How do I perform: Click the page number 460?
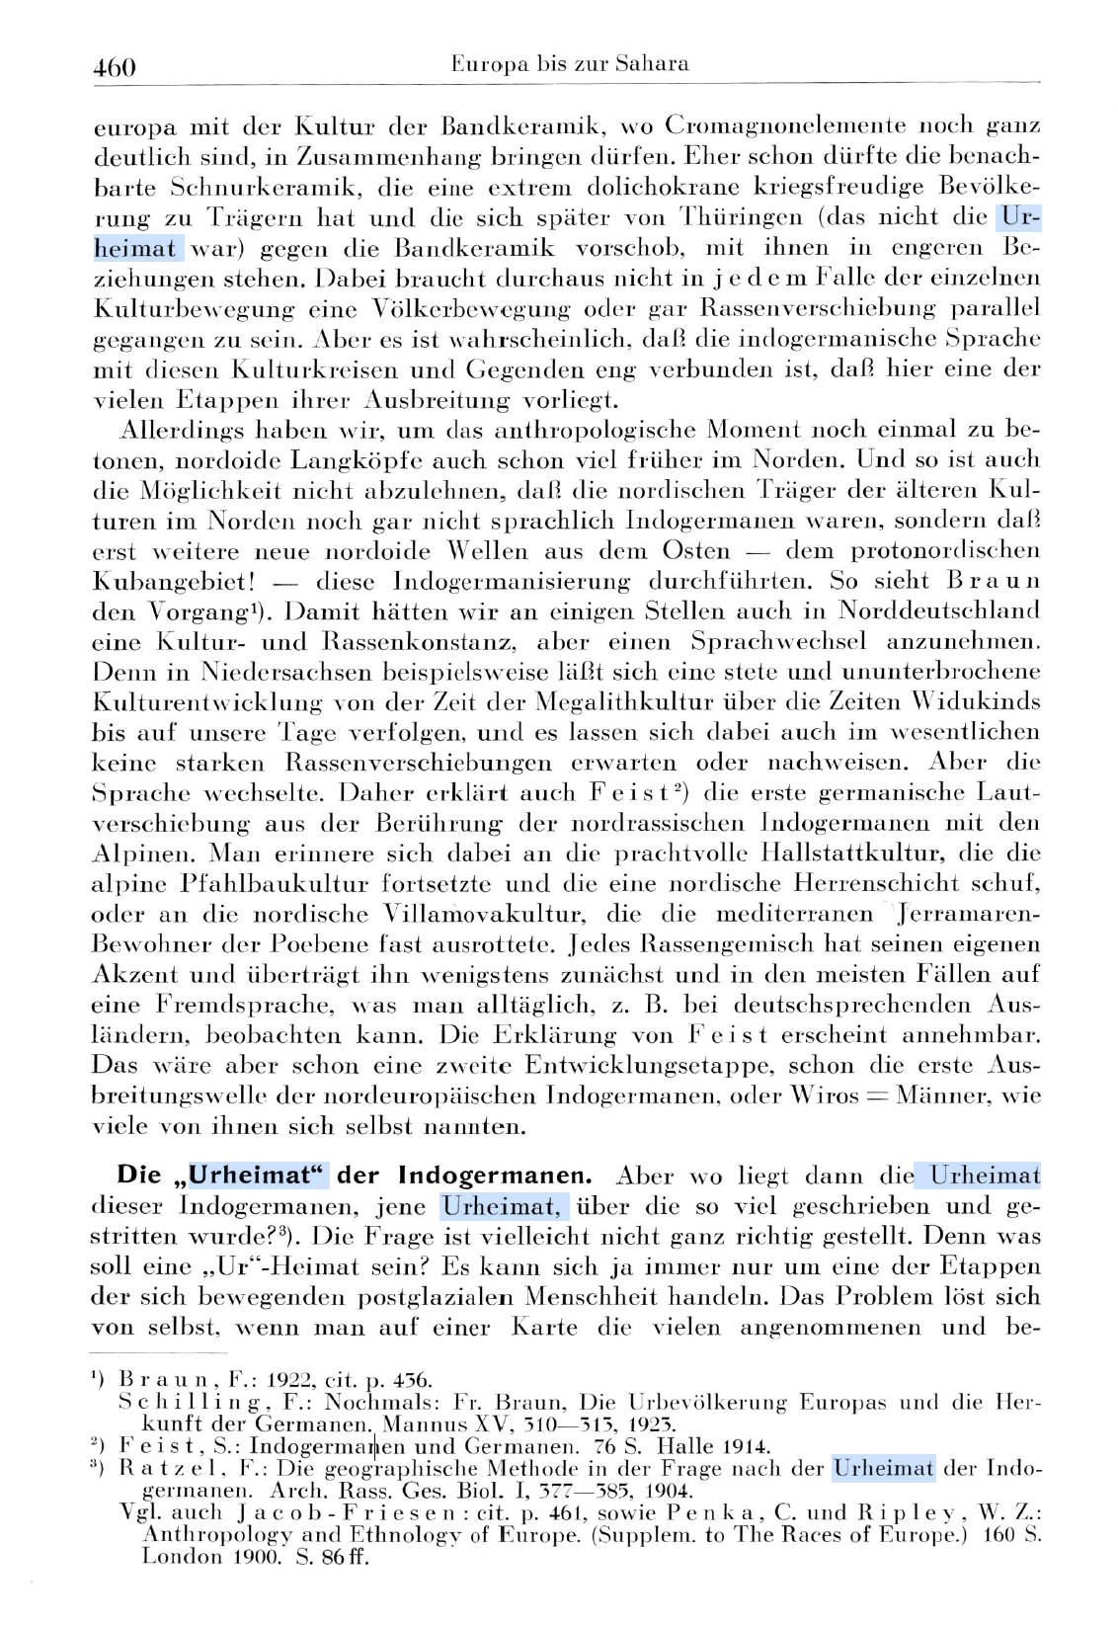(x=114, y=67)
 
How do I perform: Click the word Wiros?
(x=824, y=1097)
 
